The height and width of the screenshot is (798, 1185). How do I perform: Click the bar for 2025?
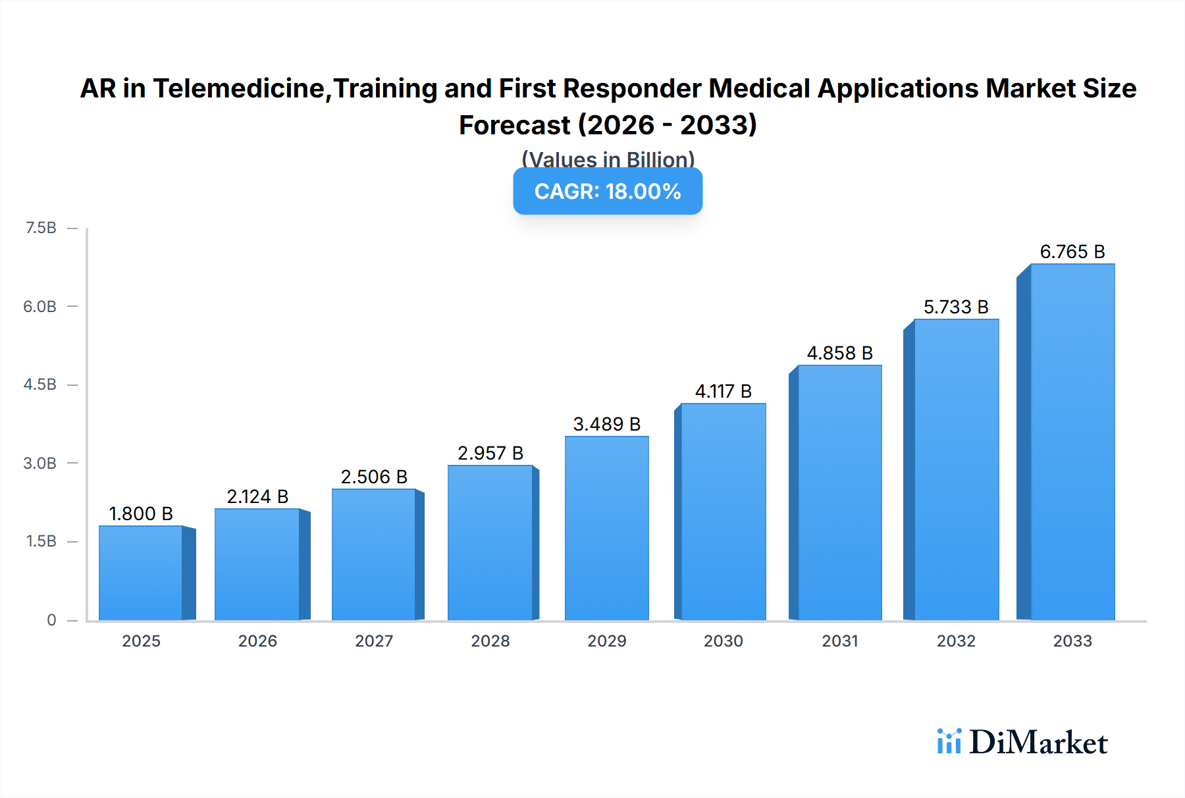(140, 573)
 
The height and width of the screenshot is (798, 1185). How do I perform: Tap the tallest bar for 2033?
(1072, 442)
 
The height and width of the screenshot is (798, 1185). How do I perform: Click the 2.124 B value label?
(257, 496)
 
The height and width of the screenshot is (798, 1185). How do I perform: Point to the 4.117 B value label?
(723, 391)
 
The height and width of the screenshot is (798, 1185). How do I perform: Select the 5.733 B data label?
(956, 307)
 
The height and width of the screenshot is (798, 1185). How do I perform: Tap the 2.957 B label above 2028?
(490, 453)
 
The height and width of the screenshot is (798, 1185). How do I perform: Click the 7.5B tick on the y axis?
(41, 228)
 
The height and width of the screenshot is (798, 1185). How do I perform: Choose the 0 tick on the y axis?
(51, 620)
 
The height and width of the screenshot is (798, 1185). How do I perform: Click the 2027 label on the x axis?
(374, 641)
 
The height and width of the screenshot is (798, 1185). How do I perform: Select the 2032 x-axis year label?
(956, 641)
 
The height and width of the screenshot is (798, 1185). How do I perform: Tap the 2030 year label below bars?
(723, 641)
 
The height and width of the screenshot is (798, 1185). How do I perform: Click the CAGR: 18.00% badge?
(608, 191)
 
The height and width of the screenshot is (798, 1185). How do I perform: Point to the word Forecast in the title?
(514, 125)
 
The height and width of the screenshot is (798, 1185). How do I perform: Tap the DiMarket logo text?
(1038, 743)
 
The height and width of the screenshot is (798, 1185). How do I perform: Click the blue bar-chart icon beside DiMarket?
(949, 741)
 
